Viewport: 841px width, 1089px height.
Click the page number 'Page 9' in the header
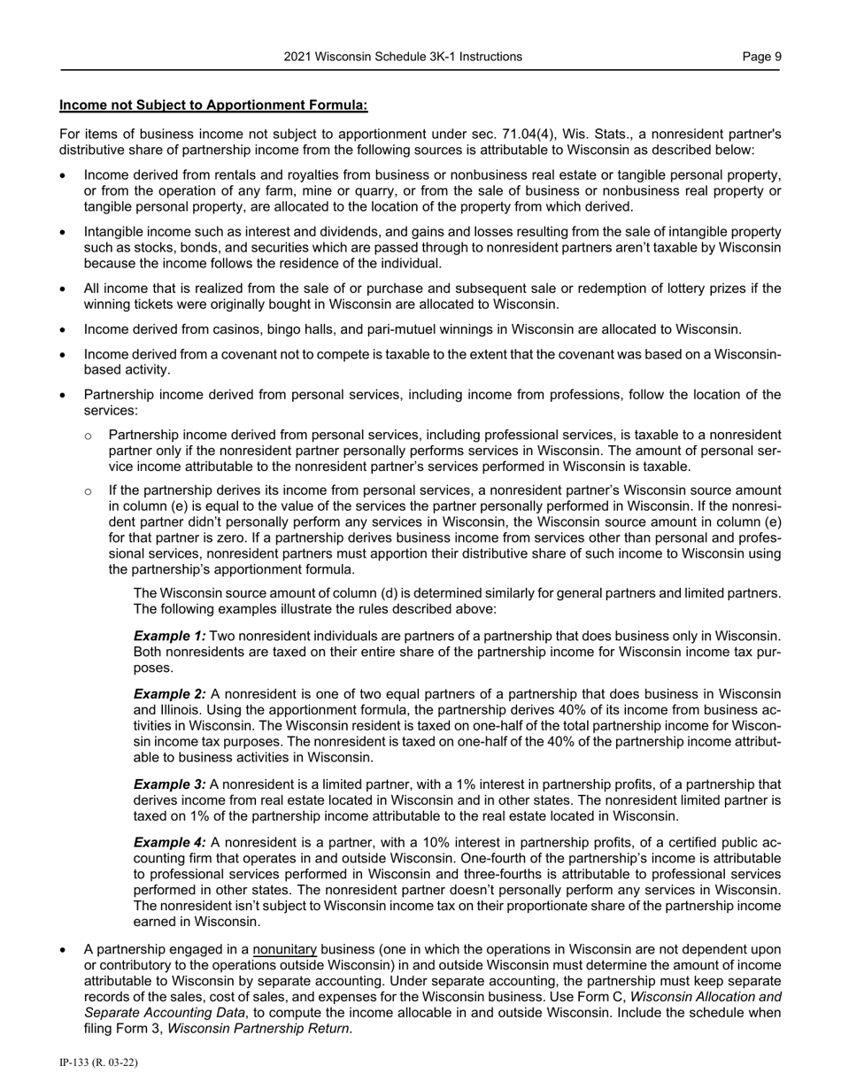pos(761,57)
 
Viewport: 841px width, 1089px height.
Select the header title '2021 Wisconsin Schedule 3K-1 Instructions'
pos(403,57)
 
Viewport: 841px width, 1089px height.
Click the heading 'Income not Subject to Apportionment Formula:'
pos(213,105)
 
